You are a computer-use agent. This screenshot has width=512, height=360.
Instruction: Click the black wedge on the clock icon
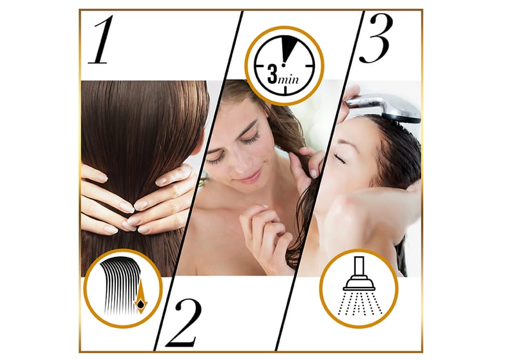pos(291,49)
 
